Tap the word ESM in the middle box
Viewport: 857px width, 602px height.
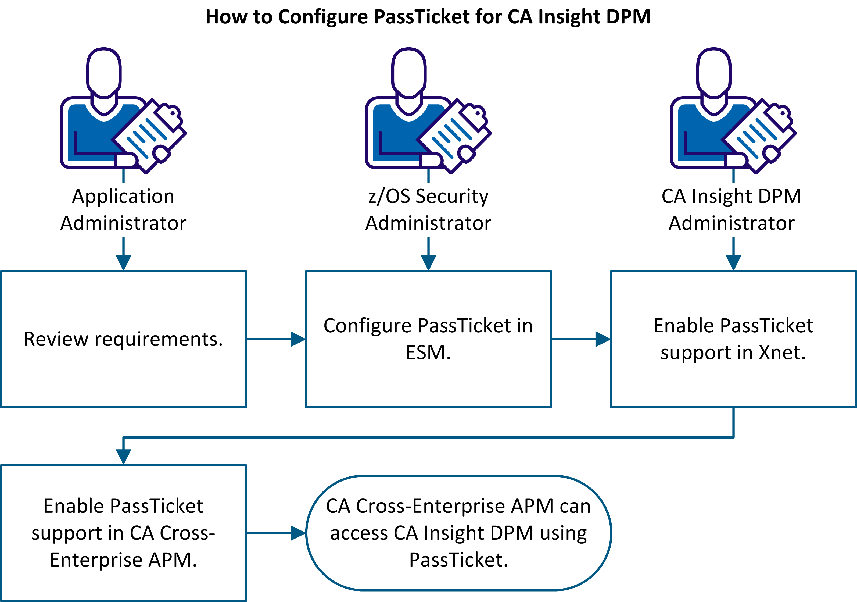tap(428, 352)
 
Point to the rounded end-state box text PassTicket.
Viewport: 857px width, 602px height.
tap(458, 560)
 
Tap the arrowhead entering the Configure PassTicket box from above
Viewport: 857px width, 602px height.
tap(428, 262)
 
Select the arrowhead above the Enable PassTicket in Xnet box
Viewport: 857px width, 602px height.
tap(733, 262)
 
